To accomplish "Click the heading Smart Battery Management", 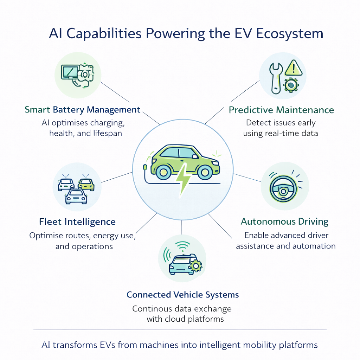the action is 82,110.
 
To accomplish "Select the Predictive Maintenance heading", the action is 281,110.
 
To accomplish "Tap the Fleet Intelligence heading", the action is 77,222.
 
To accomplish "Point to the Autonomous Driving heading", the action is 284,222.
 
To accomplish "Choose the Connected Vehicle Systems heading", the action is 182,295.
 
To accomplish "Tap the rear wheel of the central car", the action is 163,172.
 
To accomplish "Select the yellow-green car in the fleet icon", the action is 86,184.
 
